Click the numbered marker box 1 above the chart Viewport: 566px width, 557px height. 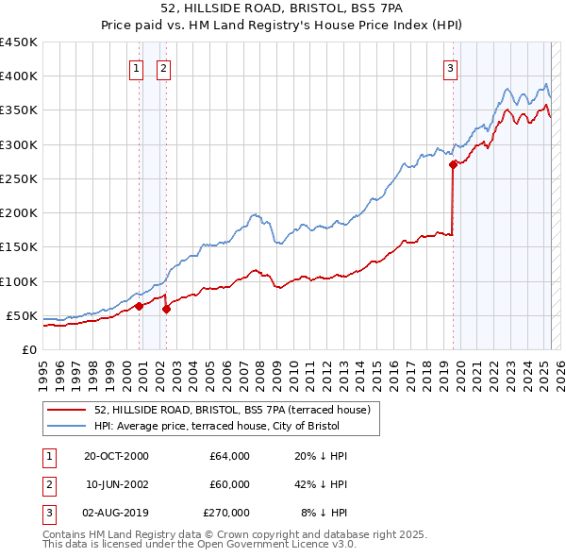[137, 68]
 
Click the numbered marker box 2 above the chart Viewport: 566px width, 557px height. [163, 68]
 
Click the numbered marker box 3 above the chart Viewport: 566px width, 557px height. [451, 68]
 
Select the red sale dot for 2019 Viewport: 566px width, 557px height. [453, 164]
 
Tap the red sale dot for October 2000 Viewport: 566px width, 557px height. [139, 305]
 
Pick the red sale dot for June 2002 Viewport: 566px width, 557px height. [166, 308]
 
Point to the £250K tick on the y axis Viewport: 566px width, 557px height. [19, 178]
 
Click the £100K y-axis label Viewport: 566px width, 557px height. [19, 281]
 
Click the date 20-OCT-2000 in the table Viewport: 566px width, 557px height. [117, 456]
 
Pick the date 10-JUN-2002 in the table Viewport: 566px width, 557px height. [117, 484]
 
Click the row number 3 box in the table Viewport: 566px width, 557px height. [48, 513]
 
